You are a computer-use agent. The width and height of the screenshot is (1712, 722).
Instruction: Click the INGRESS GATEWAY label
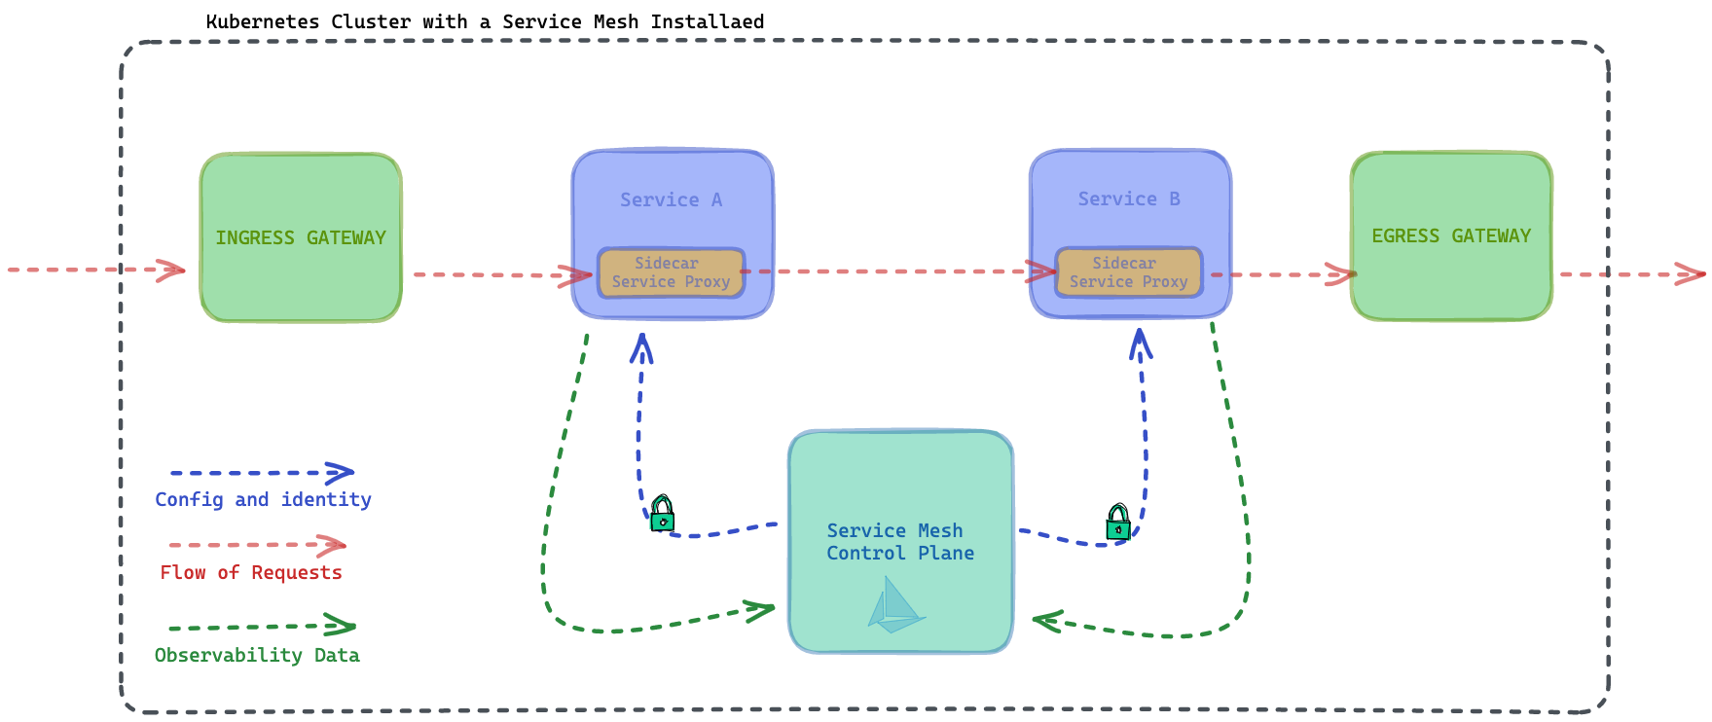(x=301, y=238)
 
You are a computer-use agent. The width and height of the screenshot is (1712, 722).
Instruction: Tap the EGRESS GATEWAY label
(x=1451, y=236)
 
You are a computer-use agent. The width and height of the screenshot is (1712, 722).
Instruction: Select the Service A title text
(x=672, y=199)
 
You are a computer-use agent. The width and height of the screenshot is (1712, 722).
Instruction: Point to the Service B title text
(x=1129, y=199)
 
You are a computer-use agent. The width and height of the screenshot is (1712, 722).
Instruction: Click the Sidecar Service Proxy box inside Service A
(x=671, y=272)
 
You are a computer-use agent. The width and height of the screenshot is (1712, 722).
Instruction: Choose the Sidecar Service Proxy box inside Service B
(x=1129, y=272)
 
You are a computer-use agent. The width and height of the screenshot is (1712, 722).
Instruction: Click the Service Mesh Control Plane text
(x=900, y=542)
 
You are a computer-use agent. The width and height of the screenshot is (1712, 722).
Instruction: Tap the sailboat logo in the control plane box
(x=895, y=605)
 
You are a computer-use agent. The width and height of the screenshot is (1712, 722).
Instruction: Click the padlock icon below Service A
(x=663, y=513)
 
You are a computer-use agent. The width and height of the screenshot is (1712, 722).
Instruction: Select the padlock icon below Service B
(x=1118, y=522)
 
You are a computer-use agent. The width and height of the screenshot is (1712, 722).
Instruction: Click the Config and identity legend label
(x=263, y=500)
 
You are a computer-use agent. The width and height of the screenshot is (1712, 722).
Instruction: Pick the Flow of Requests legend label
(x=251, y=573)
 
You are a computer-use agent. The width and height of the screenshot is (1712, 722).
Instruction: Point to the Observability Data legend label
(x=257, y=656)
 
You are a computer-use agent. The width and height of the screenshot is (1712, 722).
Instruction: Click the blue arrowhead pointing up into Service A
(x=641, y=347)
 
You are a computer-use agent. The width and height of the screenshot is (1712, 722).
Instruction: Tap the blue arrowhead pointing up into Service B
(x=1141, y=343)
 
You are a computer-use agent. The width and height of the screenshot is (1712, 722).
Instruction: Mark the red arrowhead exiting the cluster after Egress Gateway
(x=1691, y=273)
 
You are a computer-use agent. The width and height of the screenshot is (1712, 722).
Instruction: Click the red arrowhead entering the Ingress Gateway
(x=170, y=270)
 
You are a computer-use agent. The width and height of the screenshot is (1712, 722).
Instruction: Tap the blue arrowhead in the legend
(x=340, y=473)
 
